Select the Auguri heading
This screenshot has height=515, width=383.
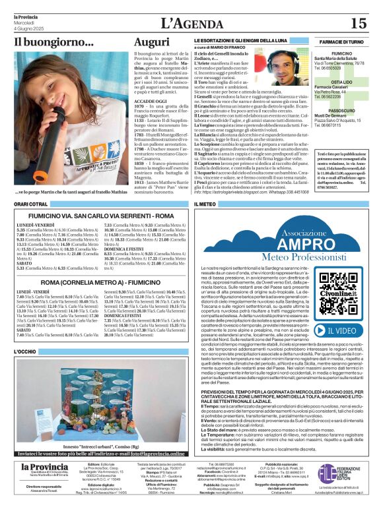click(151, 42)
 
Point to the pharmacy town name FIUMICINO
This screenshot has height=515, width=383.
click(341, 53)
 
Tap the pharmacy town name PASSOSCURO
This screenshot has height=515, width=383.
click(341, 111)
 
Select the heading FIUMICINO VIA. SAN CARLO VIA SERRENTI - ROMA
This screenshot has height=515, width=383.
click(101, 216)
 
